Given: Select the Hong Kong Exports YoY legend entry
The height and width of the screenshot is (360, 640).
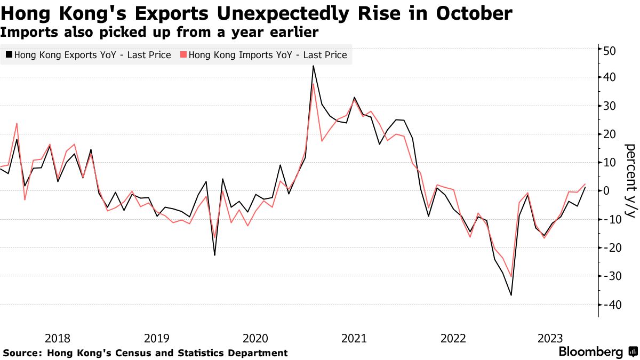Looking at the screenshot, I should (88, 55).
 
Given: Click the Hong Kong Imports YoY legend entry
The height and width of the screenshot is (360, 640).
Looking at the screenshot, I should (264, 55).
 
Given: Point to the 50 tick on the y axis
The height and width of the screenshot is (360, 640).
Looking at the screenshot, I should (610, 51).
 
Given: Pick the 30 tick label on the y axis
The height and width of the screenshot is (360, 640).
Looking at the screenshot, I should (610, 106).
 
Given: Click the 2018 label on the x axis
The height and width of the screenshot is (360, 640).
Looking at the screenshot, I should (58, 338).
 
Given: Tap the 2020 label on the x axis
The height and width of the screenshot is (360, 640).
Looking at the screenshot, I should (255, 338).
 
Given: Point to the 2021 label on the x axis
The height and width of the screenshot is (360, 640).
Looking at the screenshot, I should (353, 338).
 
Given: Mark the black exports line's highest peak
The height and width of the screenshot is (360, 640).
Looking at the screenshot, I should (313, 66).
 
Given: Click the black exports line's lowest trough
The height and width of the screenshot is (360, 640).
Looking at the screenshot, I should (511, 295).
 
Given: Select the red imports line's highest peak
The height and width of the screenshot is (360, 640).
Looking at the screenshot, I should (313, 84).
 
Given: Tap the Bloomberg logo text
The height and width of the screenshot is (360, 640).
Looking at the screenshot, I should (590, 352).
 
